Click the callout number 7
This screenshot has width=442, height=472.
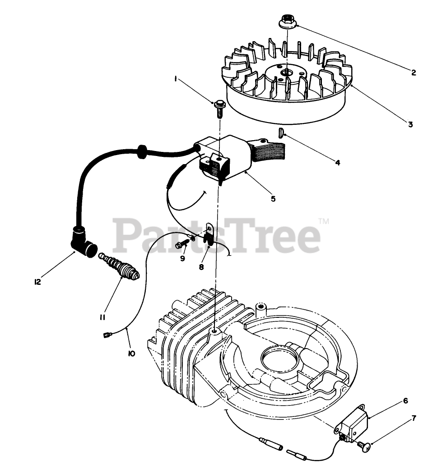(414, 418)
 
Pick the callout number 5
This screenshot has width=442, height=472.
(273, 198)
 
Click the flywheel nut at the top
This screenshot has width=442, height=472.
(286, 21)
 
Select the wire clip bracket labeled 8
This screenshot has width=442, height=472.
(208, 235)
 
